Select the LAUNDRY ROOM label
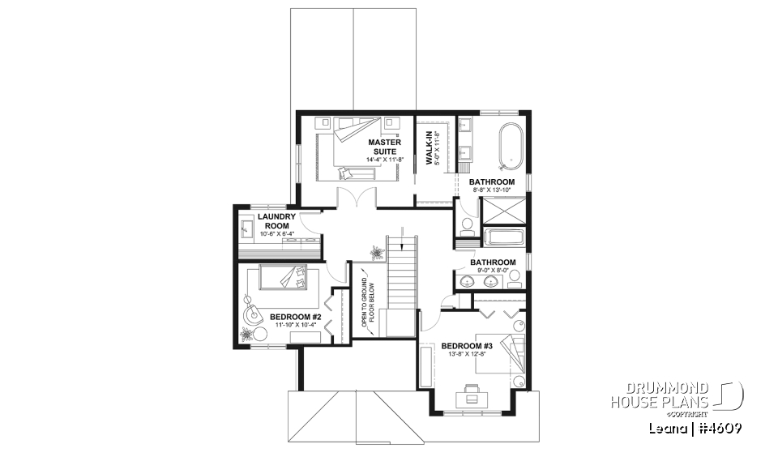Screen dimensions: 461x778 point(273,221)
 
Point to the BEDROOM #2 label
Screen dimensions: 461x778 point(296,316)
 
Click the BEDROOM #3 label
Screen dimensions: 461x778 point(467,346)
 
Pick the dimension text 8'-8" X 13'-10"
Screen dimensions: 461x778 point(491,190)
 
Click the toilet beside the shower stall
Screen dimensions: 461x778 point(468,227)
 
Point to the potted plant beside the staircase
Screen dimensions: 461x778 point(377,254)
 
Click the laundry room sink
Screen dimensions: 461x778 point(247,230)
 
